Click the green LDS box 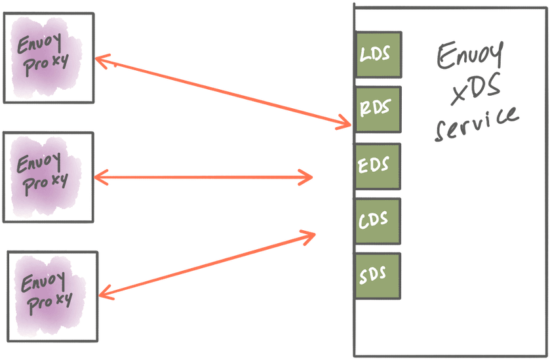(x=378, y=54)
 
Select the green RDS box (x=378, y=108)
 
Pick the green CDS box (x=378, y=220)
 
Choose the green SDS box (x=378, y=275)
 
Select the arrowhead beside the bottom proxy (x=107, y=292)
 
